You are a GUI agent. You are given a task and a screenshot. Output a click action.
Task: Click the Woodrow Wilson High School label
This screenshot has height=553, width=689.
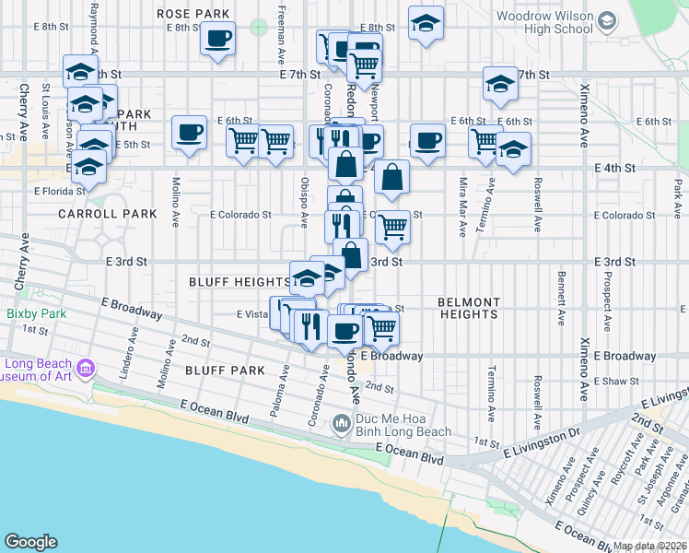[x=544, y=22]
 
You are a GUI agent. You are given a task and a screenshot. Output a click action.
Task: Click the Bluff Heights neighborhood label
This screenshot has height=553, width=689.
[x=239, y=281]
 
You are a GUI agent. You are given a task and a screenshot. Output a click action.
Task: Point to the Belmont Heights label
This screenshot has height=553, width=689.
[x=468, y=308]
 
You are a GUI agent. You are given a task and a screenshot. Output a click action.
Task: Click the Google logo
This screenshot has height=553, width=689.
[x=30, y=542]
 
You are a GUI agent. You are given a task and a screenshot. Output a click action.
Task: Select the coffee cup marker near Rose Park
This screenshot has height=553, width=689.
[x=218, y=40]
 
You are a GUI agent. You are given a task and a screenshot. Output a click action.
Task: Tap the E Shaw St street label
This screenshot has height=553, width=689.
[x=617, y=381]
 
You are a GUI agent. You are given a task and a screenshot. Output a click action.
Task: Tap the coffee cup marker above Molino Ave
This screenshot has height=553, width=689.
[x=189, y=134]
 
